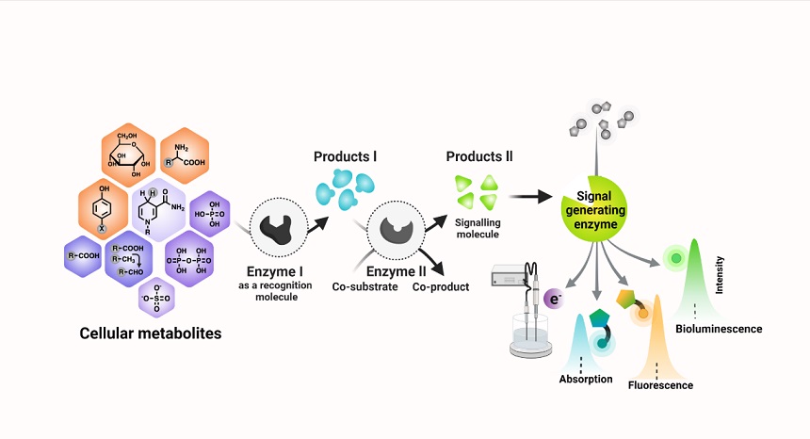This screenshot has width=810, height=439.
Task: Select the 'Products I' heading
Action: (x=346, y=155)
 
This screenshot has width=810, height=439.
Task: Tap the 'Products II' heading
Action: (x=479, y=155)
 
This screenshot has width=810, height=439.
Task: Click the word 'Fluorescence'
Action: (x=660, y=385)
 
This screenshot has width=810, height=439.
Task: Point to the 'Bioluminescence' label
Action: (x=720, y=329)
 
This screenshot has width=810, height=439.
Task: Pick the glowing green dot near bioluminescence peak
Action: (x=674, y=257)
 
